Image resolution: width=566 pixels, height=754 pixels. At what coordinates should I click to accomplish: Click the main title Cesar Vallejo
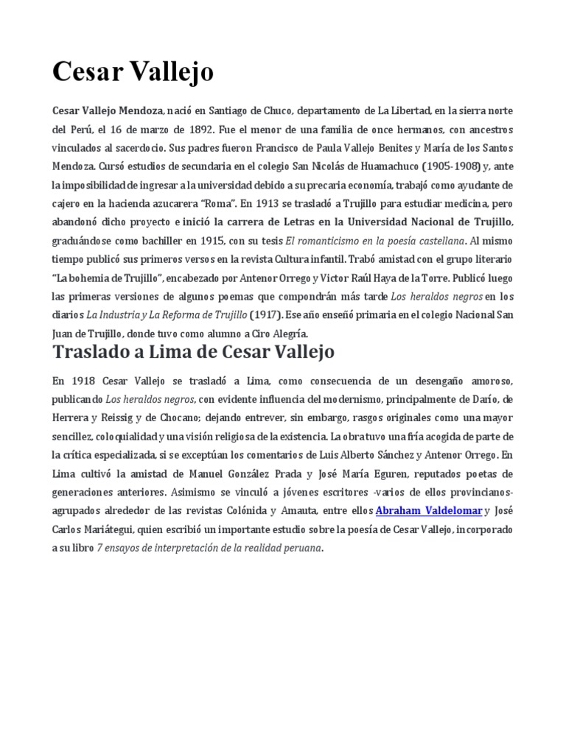click(133, 72)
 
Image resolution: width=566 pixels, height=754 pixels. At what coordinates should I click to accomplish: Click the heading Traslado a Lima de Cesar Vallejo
click(193, 352)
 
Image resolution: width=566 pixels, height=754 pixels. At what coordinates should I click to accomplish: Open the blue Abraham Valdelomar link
click(419, 510)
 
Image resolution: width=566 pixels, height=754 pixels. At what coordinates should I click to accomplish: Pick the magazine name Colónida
click(246, 510)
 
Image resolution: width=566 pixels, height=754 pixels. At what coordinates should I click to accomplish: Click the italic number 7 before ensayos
click(99, 548)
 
